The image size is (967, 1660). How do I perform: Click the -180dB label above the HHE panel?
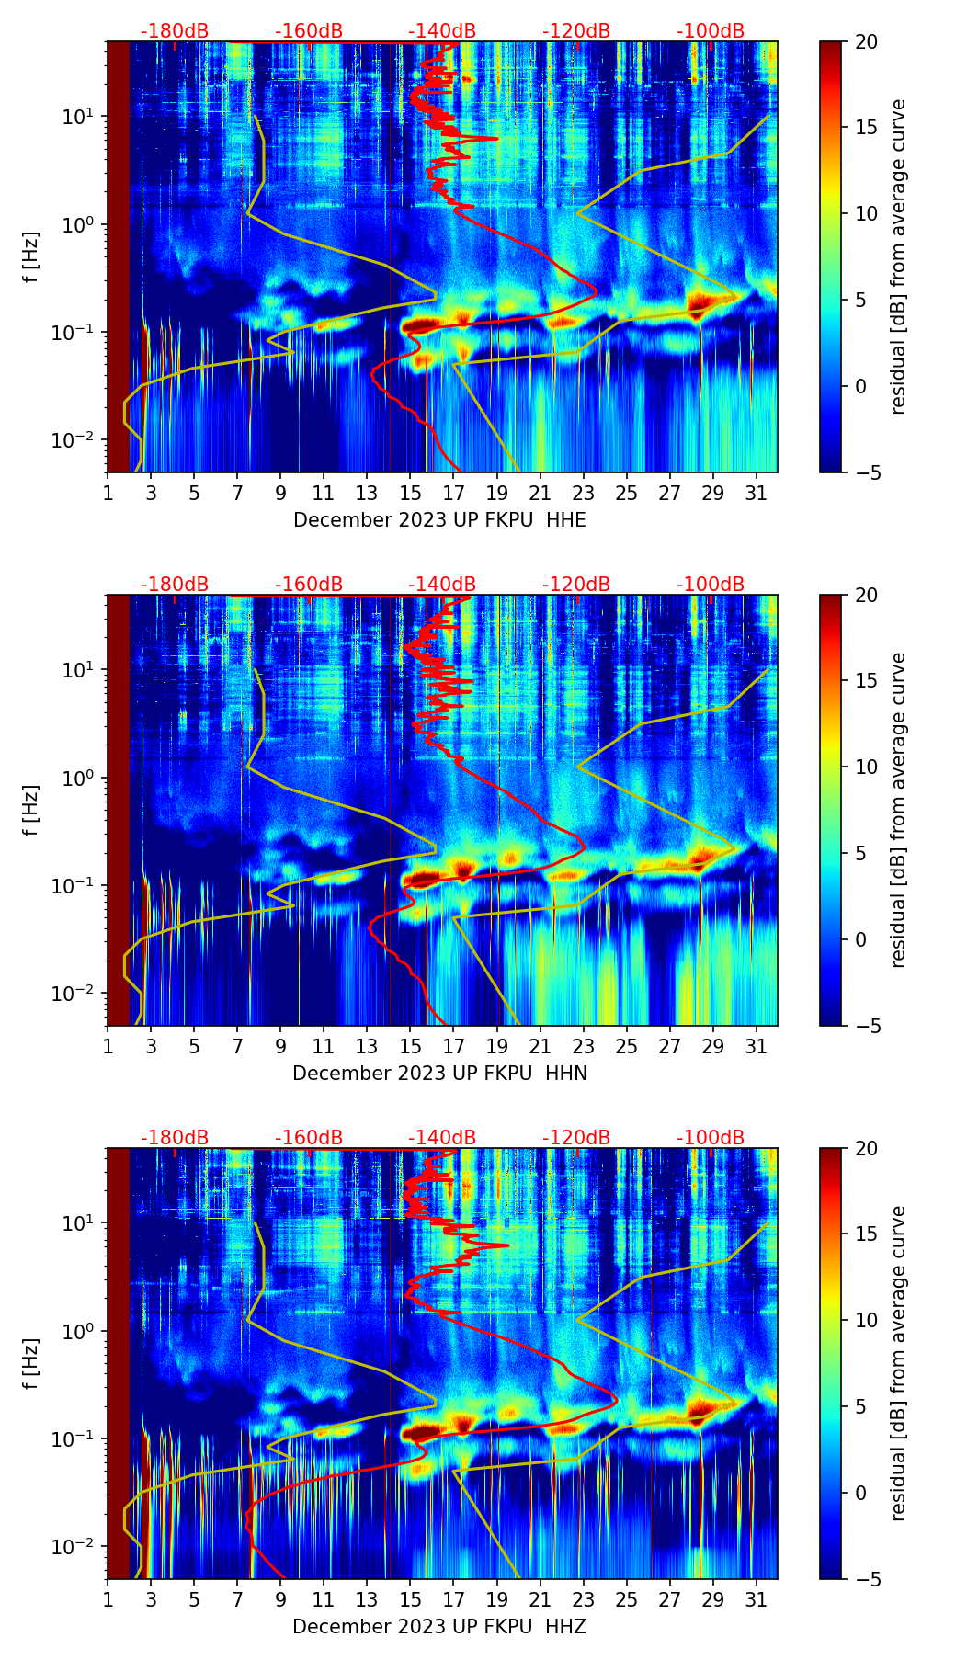pos(175,31)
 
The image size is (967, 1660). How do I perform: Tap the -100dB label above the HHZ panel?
pos(711,1138)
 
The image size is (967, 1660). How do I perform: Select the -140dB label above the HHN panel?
pos(442,585)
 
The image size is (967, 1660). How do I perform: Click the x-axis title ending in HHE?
pos(439,520)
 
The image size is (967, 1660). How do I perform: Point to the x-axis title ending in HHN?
pos(439,1074)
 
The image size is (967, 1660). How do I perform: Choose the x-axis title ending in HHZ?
pos(439,1627)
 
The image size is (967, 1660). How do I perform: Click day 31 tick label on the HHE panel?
pos(756,493)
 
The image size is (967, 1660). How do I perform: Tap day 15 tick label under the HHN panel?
pos(410,1046)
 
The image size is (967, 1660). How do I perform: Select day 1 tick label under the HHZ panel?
pos(108,1599)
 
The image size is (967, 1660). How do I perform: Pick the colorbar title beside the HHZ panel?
pos(899,1363)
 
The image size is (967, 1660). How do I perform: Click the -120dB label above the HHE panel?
pos(576,31)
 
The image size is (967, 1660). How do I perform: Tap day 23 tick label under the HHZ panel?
pos(583,1599)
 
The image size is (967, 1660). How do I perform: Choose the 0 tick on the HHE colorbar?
pos(861,386)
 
